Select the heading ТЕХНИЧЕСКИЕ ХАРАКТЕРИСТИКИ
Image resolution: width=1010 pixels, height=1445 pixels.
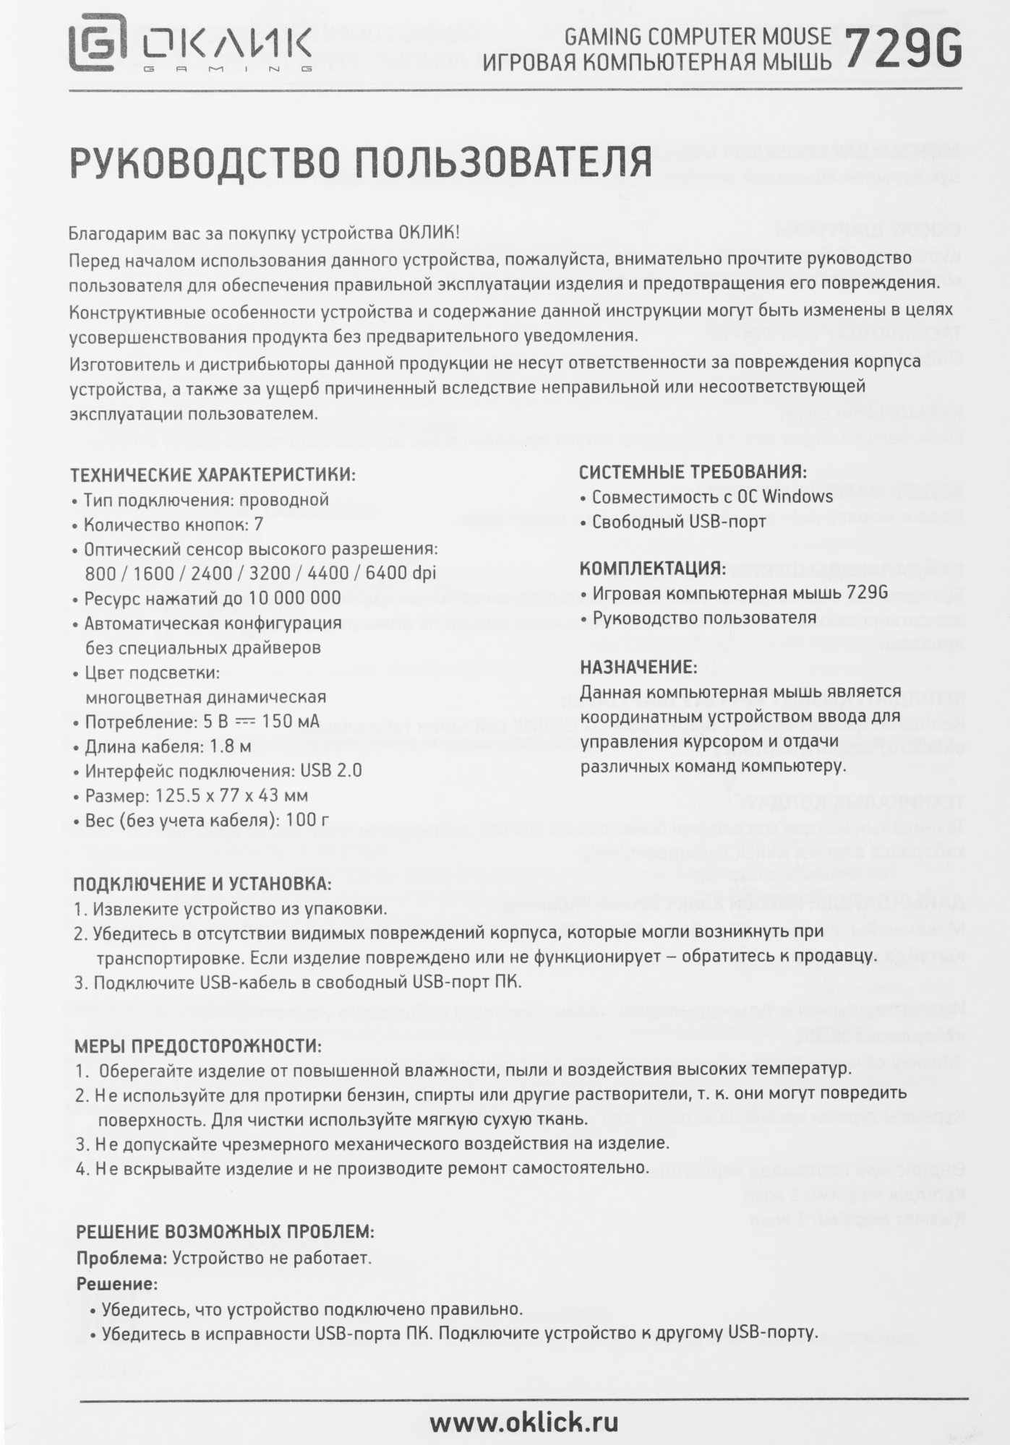pos(213,475)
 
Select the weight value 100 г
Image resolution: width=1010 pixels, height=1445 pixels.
pos(307,819)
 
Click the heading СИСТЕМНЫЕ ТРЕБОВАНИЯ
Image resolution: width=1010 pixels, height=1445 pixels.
pos(693,473)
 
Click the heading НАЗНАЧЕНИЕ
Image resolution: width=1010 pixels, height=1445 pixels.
pos(638,666)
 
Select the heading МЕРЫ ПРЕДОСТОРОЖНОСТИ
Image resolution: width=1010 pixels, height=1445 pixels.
pos(198,1046)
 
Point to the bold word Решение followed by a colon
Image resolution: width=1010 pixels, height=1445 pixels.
pos(116,1284)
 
